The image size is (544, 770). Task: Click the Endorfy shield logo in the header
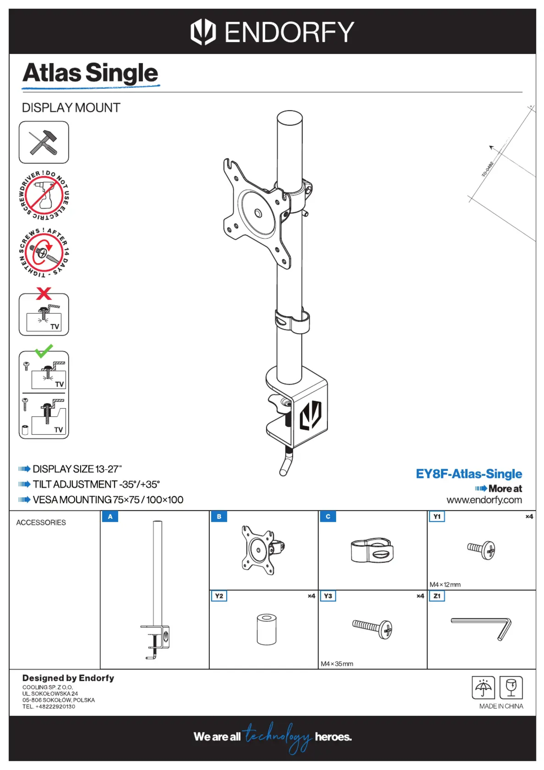tap(203, 32)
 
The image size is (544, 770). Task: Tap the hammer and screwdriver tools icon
tap(44, 142)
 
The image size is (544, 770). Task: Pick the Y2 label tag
tap(219, 596)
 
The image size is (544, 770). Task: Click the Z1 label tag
tap(437, 596)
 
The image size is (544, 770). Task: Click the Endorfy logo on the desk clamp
tap(310, 415)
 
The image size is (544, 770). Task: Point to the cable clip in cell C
tap(372, 551)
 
